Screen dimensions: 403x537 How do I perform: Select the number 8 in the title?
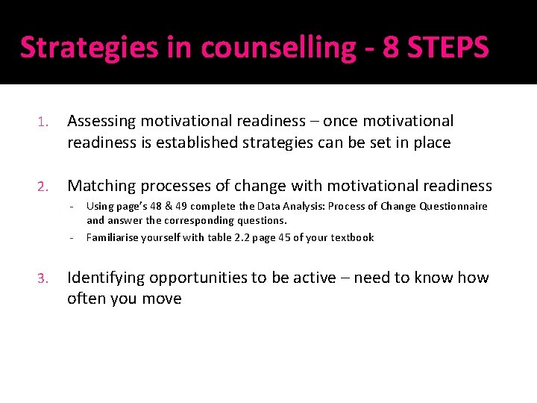click(x=390, y=47)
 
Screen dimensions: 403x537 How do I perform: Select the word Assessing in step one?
click(x=101, y=121)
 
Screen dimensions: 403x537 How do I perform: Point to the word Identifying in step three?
click(x=107, y=278)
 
